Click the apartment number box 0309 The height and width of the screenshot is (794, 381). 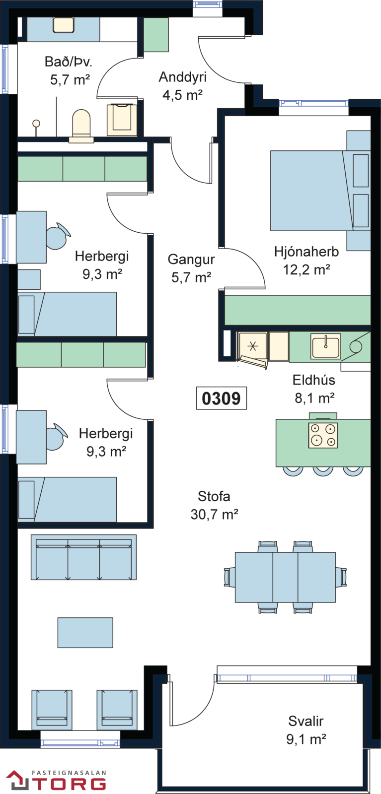click(222, 398)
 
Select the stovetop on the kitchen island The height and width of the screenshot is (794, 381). click(323, 436)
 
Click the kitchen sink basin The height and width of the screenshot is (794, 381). click(326, 345)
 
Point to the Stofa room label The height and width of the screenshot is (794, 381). click(214, 496)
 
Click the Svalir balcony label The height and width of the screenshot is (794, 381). click(306, 721)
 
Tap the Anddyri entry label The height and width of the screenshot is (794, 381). click(182, 77)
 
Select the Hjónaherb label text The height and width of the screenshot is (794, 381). click(306, 251)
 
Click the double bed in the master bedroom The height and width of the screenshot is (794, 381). click(320, 191)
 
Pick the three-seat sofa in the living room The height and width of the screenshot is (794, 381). click(84, 557)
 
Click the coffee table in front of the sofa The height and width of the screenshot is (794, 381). click(85, 633)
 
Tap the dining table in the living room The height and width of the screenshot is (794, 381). click(285, 577)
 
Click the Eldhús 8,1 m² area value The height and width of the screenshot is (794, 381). click(314, 398)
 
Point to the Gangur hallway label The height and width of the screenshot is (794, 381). click(191, 260)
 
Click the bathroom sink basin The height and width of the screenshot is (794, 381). click(64, 25)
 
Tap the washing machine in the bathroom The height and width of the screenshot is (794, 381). click(122, 120)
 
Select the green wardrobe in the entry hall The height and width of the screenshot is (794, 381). click(156, 35)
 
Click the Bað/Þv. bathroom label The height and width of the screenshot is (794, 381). click(69, 62)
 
